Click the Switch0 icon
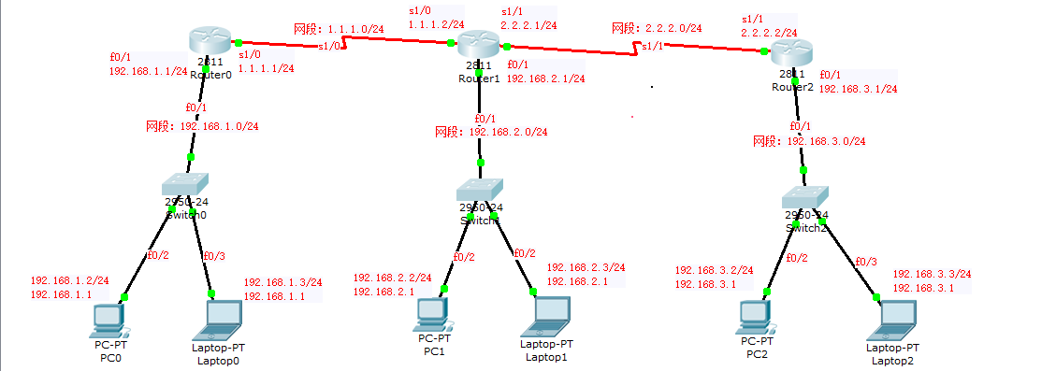tap(185, 186)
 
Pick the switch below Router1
tap(480, 191)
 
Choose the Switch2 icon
tap(803, 198)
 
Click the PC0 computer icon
tap(107, 320)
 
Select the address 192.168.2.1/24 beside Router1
tap(545, 79)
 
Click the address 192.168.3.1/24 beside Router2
tap(858, 90)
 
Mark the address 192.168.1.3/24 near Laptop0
tap(282, 282)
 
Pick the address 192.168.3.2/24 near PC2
tap(714, 271)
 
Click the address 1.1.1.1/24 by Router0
tap(267, 68)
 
